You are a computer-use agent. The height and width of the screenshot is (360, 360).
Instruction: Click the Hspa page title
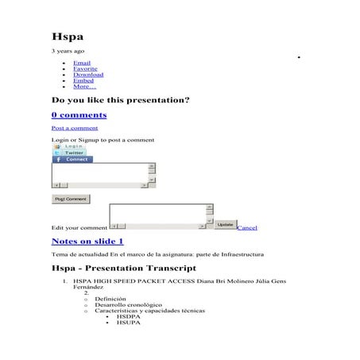pos(68,37)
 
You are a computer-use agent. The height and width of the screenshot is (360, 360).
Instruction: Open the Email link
pos(82,62)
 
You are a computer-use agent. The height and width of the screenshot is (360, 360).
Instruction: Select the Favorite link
pos(85,68)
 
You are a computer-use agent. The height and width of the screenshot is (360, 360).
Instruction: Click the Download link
pos(88,75)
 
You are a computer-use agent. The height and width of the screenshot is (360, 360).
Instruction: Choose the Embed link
pos(83,80)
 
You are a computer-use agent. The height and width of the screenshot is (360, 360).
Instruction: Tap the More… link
pos(84,87)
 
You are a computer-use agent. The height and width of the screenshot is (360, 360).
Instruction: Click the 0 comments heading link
pos(79,115)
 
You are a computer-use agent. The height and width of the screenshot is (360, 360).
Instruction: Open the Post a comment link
pos(75,128)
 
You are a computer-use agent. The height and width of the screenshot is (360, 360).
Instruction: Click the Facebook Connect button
pos(72,160)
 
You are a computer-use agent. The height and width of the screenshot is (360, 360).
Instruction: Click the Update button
pos(226,225)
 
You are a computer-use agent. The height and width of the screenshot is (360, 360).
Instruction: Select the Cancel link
pos(247,228)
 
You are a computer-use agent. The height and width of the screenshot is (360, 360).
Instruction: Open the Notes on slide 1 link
pos(87,241)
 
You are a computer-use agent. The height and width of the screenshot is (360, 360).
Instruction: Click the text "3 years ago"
pos(68,51)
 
